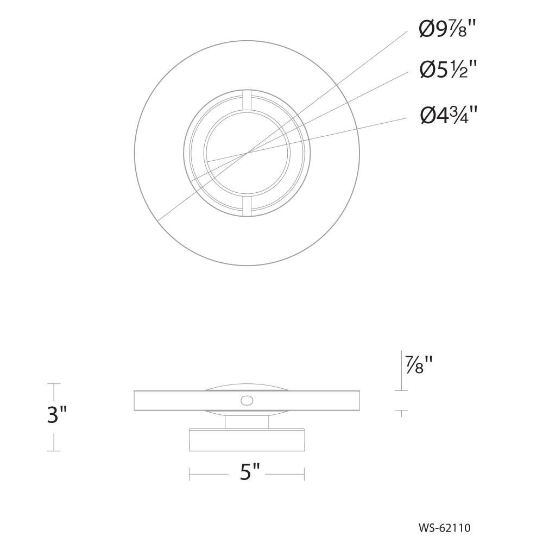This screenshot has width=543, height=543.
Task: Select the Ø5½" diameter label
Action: click(448, 70)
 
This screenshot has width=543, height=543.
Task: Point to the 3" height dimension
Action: click(57, 414)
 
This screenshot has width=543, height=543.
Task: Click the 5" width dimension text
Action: click(249, 472)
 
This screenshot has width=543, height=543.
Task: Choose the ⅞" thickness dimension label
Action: click(419, 364)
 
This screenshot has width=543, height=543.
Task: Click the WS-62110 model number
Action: click(445, 528)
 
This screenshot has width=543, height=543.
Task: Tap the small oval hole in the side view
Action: click(247, 401)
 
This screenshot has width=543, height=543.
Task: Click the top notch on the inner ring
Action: click(247, 100)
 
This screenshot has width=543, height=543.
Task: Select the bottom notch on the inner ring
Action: click(247, 207)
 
